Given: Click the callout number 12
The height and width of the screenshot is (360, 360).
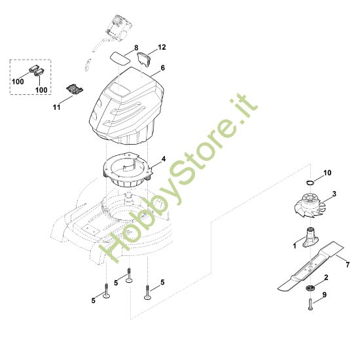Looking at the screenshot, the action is tap(162, 47).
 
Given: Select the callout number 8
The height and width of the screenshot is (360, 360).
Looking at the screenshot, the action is tap(136, 48).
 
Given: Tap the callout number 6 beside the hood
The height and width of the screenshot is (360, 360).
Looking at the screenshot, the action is tap(162, 67).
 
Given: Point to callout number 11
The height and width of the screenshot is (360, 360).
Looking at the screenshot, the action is tap(56, 107).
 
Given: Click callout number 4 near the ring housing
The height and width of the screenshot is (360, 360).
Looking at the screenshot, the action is tap(163, 158).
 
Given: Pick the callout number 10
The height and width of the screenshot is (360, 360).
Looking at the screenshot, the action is tap(327, 173).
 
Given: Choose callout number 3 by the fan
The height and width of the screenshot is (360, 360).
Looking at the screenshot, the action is tap(334, 194).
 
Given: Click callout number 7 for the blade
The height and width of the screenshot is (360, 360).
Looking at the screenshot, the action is tap(348, 264).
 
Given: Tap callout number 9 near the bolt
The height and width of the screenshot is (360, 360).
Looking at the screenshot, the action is tap(325, 295).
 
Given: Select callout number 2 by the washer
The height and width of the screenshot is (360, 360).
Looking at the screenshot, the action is tap(326, 278).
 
